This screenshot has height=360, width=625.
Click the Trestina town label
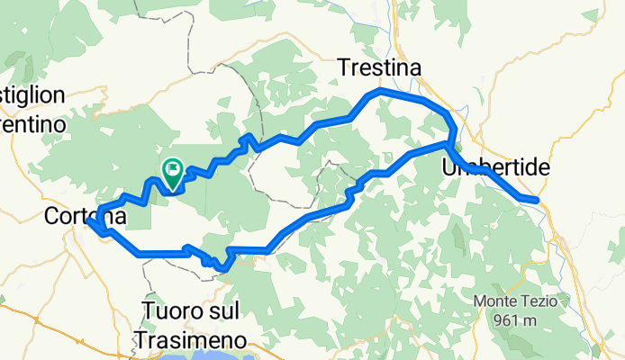pyautogui.click(x=379, y=67)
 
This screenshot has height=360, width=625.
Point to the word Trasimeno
pyautogui.click(x=190, y=339)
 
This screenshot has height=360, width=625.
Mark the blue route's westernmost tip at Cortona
pyautogui.click(x=89, y=222)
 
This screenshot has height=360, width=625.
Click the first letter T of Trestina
pyautogui.click(x=344, y=67)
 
